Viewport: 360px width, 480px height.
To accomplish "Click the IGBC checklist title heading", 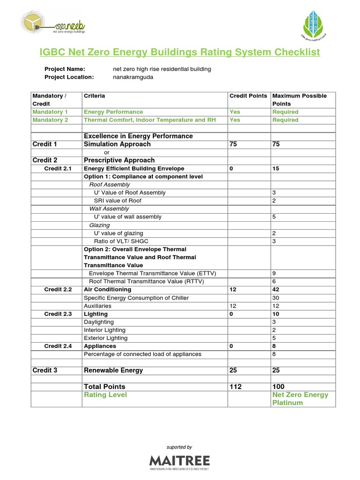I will (x=180, y=52).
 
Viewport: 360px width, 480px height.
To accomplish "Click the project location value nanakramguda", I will (x=133, y=77).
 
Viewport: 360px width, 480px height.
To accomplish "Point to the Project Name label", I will (x=65, y=69).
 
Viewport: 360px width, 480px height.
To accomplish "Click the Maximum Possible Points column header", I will (x=300, y=99).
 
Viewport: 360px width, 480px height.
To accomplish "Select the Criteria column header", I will (x=94, y=96).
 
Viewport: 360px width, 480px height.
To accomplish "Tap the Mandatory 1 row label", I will (x=50, y=112).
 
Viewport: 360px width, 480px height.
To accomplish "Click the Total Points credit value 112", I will (x=236, y=387).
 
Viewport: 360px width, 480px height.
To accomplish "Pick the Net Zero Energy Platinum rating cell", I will (x=300, y=398).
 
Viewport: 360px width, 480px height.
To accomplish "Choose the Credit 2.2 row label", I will (x=58, y=290).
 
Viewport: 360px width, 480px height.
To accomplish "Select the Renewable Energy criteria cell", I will (x=113, y=370).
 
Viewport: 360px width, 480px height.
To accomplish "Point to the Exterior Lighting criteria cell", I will (x=105, y=338).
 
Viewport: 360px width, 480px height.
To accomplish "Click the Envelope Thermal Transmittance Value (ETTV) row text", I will (x=152, y=273).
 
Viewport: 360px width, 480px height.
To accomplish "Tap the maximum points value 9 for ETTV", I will (x=274, y=273).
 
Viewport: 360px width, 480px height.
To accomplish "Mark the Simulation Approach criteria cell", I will (x=117, y=144).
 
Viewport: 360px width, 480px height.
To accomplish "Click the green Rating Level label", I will (x=105, y=395).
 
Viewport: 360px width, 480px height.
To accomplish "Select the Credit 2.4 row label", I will (x=58, y=346).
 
